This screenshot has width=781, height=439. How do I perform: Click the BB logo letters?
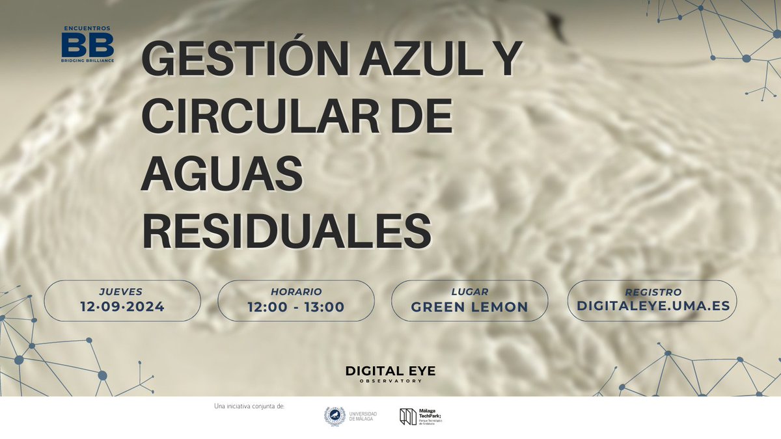pyautogui.click(x=87, y=46)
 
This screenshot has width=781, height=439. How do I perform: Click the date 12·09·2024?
pyautogui.click(x=122, y=306)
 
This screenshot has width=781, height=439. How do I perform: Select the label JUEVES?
pyautogui.click(x=122, y=291)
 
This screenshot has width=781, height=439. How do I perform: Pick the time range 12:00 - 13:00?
pyautogui.click(x=296, y=306)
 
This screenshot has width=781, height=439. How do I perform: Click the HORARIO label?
pyautogui.click(x=296, y=292)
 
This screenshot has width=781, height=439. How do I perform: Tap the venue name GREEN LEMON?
pyautogui.click(x=470, y=307)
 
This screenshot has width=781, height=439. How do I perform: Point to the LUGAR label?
pyautogui.click(x=470, y=292)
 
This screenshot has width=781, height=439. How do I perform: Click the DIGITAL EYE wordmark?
pyautogui.click(x=390, y=371)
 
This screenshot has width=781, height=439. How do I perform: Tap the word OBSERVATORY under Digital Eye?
pyautogui.click(x=390, y=382)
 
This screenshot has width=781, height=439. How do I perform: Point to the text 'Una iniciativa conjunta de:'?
pyautogui.click(x=249, y=406)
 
